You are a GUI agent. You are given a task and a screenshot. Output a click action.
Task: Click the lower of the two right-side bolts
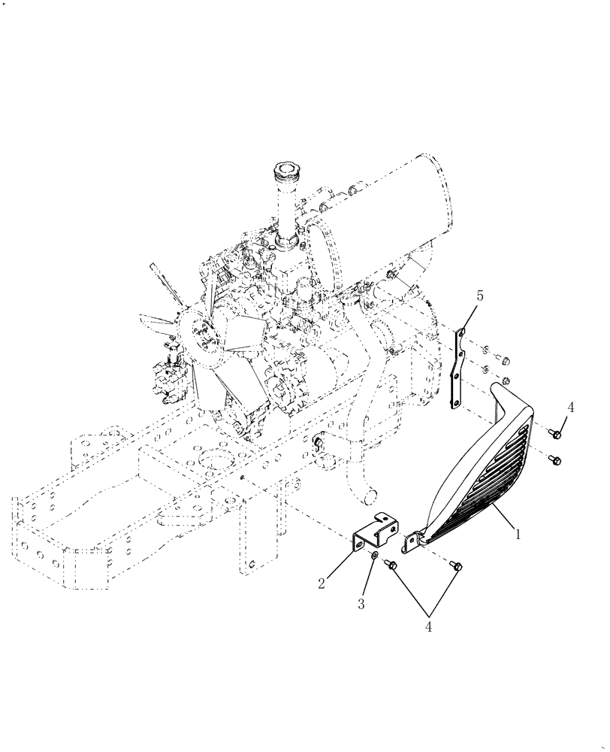coord(554,459)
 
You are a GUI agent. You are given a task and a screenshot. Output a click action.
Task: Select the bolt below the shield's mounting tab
coord(457,566)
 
